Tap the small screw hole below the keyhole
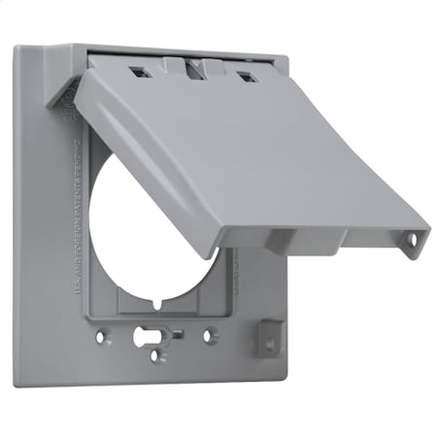156,355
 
